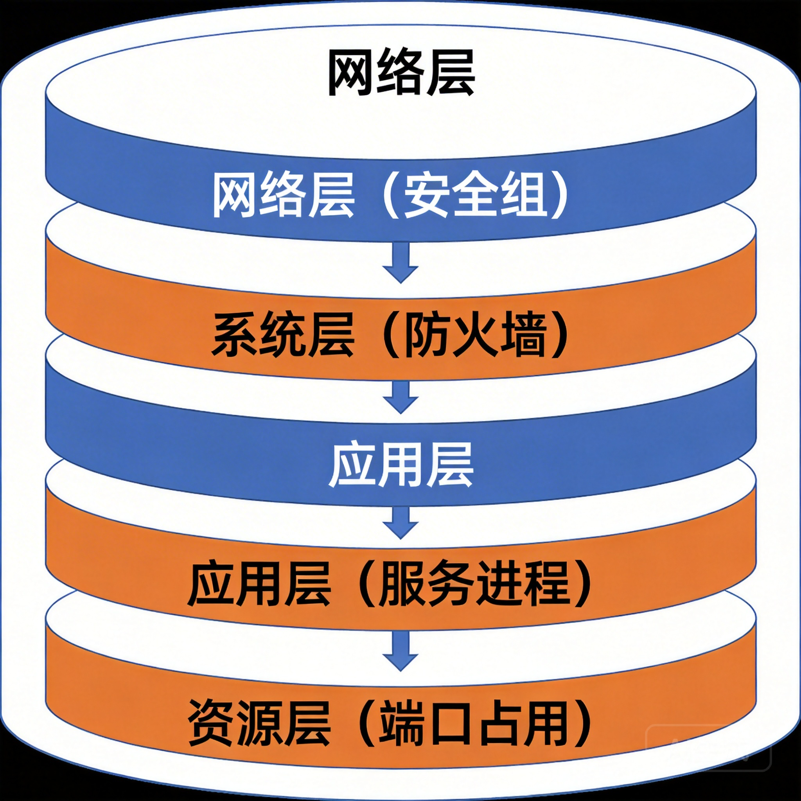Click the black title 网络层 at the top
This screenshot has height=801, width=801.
click(x=400, y=73)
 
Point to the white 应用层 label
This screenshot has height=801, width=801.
click(x=400, y=464)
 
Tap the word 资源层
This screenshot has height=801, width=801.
click(x=259, y=724)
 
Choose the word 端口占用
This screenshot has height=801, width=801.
click(x=475, y=724)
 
